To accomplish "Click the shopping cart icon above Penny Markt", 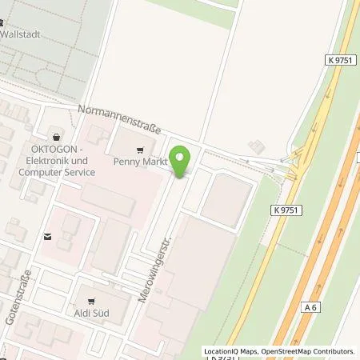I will [141, 149].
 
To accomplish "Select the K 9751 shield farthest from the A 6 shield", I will [340, 58].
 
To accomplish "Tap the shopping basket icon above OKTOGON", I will [55, 137].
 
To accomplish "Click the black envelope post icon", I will [48, 237].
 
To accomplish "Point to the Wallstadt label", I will [20, 35].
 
